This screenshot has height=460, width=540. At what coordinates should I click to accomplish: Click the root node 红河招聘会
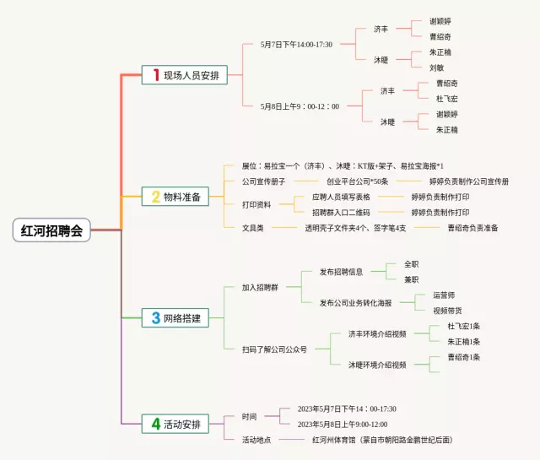(x=52, y=230)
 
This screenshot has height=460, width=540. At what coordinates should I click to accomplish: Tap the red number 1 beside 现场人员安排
(x=155, y=75)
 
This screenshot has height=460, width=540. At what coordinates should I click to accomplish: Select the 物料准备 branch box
(x=176, y=197)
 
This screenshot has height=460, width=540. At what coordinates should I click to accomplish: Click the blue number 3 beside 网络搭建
(x=155, y=318)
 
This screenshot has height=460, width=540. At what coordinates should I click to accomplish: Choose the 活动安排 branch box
(x=176, y=424)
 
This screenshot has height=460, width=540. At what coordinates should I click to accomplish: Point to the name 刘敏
(x=436, y=68)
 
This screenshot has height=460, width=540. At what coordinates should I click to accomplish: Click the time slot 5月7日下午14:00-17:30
(x=296, y=45)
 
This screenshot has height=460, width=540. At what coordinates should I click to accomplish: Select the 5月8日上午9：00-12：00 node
(x=300, y=106)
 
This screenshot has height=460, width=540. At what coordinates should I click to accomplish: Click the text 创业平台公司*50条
(x=357, y=181)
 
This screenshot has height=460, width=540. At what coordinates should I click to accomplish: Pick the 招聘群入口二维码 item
(x=340, y=213)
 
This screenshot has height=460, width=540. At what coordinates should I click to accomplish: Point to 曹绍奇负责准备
(x=472, y=228)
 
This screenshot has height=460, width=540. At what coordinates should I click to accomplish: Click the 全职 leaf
(x=411, y=264)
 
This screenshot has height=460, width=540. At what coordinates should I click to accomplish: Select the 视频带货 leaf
(x=447, y=311)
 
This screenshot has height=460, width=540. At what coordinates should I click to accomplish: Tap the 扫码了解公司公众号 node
(x=274, y=349)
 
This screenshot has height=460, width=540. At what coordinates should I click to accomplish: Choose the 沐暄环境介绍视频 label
(x=377, y=365)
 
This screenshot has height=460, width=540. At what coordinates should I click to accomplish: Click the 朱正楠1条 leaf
(x=463, y=341)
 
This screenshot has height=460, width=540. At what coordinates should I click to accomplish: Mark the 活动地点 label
(x=256, y=440)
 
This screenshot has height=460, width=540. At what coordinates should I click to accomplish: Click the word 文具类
(x=253, y=228)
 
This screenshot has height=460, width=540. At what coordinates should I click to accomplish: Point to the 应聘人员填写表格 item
(x=340, y=198)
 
